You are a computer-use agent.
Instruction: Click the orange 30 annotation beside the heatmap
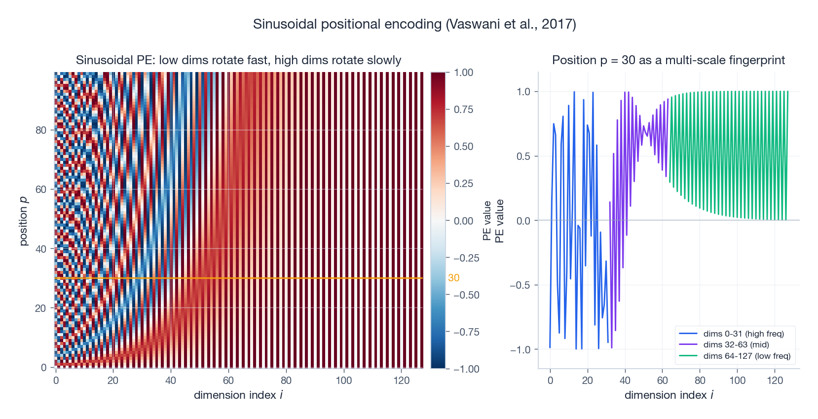click(x=453, y=278)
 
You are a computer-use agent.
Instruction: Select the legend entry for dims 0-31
click(x=743, y=334)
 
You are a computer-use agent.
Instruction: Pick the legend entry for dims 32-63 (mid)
click(x=736, y=344)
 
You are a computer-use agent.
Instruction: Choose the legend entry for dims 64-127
click(x=746, y=356)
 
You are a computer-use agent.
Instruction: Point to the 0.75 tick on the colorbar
click(x=463, y=110)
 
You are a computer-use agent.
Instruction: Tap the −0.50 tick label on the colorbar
click(x=466, y=295)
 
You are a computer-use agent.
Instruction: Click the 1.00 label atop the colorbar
click(x=463, y=73)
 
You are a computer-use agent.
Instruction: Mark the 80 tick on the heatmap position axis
click(x=41, y=130)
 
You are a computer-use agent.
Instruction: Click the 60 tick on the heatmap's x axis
click(x=228, y=381)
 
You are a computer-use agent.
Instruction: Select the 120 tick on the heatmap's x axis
click(x=401, y=381)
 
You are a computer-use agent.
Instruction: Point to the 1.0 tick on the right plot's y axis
click(x=523, y=92)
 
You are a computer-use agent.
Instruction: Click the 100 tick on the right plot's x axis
click(x=737, y=381)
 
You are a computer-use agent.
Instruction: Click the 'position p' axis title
click(x=23, y=221)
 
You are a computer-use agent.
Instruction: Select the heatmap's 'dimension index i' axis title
click(x=238, y=395)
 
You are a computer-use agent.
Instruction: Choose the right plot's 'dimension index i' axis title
click(x=669, y=395)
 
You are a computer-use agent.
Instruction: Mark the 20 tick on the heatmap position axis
click(x=41, y=308)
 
